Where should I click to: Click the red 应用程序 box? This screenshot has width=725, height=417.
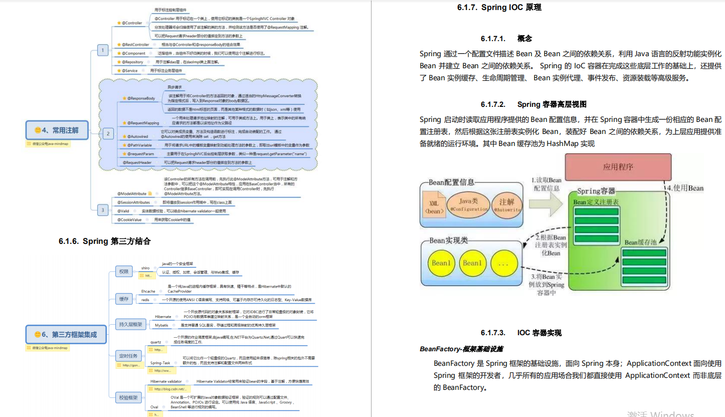coord(618,167)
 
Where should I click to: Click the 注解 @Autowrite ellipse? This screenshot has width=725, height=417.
coord(507,204)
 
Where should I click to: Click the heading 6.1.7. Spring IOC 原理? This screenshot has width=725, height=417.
coord(499,8)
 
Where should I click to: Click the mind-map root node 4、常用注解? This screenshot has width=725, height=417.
coord(57,130)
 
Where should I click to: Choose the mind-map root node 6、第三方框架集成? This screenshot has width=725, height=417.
coord(66,334)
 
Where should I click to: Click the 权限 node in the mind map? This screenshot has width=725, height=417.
coord(123,271)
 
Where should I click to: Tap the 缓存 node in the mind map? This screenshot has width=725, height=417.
coord(123,299)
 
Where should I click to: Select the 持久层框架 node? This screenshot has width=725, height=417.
coord(129,324)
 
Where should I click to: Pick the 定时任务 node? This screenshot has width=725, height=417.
coord(129,356)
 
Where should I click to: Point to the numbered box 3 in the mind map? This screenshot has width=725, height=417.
coord(102,210)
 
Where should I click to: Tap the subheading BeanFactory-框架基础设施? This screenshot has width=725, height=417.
coord(462,349)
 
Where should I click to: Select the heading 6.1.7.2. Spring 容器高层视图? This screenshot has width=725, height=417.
coord(533,104)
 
